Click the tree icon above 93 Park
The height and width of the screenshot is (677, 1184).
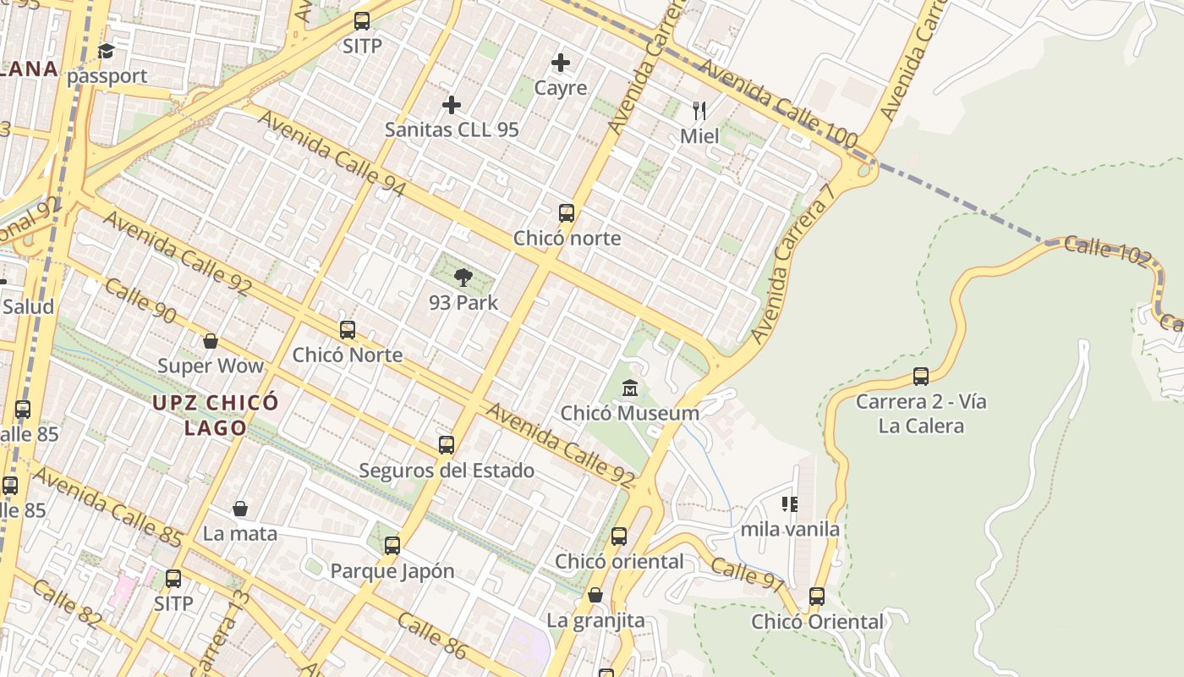click(x=463, y=277)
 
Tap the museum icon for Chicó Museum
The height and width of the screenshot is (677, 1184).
click(x=630, y=388)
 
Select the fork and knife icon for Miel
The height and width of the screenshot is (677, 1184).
click(x=699, y=111)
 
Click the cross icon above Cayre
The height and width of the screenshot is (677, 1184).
click(x=561, y=63)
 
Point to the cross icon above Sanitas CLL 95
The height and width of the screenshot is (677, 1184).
click(x=452, y=105)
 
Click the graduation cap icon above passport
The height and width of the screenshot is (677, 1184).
click(x=107, y=51)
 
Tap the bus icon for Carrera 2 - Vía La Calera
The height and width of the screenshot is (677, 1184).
click(x=921, y=376)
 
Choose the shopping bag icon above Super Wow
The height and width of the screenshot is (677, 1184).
click(x=211, y=341)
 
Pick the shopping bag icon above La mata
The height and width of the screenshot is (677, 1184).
click(x=240, y=509)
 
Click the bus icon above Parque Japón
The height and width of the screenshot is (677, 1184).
click(x=392, y=546)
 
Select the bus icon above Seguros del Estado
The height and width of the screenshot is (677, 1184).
click(x=447, y=445)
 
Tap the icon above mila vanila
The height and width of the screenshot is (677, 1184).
click(x=790, y=505)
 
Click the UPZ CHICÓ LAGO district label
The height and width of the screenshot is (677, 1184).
click(x=216, y=415)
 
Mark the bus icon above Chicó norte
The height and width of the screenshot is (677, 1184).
click(x=567, y=213)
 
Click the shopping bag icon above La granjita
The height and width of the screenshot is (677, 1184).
click(x=595, y=595)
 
